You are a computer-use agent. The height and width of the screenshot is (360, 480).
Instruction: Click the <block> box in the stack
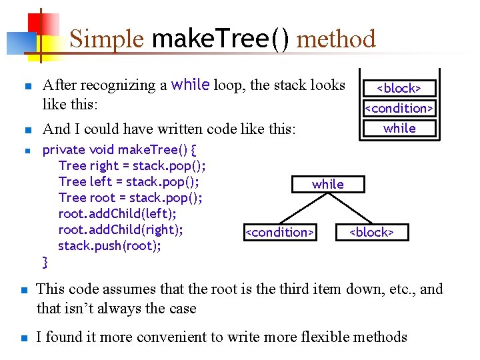[x=399, y=88]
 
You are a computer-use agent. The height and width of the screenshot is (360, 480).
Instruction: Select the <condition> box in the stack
[x=399, y=108]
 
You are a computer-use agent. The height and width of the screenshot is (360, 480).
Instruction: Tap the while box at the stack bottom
[x=399, y=128]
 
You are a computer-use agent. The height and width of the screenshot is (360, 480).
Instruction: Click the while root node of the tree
[x=328, y=184]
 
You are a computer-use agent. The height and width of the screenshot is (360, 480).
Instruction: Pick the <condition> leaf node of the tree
[x=279, y=232]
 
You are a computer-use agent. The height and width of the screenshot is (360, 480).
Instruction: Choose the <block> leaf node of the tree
[x=372, y=232]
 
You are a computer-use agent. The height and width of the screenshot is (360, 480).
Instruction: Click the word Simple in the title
[x=106, y=39]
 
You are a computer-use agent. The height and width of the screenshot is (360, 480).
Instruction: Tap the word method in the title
[x=336, y=39]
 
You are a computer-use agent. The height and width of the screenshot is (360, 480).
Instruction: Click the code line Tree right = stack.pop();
[x=132, y=165]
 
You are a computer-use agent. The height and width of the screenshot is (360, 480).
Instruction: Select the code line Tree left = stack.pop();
[x=129, y=181]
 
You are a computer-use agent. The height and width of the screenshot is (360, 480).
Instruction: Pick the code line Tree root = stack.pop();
[x=131, y=197]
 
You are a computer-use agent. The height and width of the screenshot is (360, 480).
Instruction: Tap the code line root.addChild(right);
[x=121, y=229]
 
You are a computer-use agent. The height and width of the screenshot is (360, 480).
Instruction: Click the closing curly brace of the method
[x=45, y=261]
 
